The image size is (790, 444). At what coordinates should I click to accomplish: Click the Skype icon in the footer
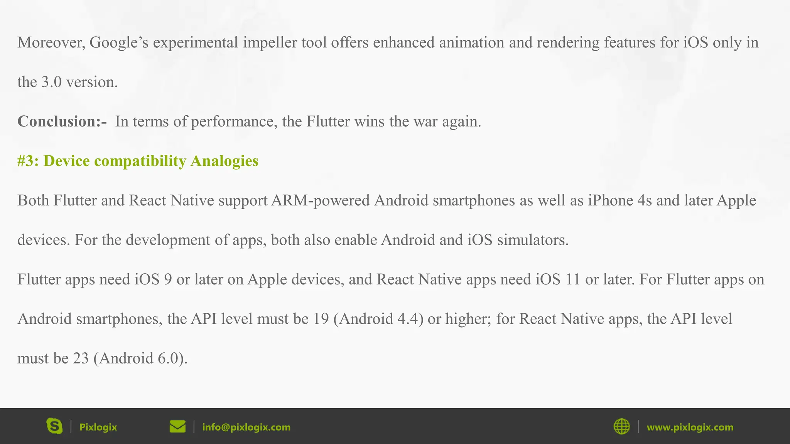point(54,426)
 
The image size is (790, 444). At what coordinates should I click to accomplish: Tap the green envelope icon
point(177,427)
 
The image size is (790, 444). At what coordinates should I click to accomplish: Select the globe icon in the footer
point(621,427)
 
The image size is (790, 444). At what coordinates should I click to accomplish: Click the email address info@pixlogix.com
point(246,427)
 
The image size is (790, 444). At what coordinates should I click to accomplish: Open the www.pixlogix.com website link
point(690,427)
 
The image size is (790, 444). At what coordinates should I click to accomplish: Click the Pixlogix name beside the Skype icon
point(98,427)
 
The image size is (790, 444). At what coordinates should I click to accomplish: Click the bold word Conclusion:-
point(62,121)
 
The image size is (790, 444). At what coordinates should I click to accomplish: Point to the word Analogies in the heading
point(224,161)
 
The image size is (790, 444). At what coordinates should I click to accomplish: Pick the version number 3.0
point(51,82)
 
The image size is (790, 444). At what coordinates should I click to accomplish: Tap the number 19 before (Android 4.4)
point(321,319)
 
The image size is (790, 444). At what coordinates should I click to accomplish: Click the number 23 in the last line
point(81,358)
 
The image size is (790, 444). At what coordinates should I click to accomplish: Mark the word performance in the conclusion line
point(234,122)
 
